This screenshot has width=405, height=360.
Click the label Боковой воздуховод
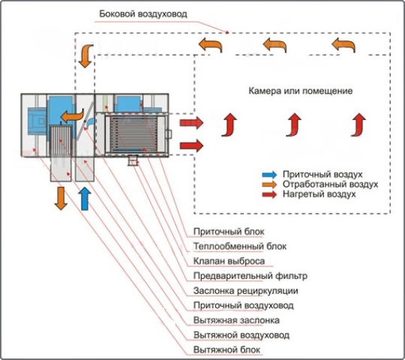[x=143, y=14]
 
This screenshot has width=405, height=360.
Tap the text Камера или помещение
[x=301, y=91]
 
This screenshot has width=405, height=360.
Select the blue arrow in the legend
[x=269, y=175]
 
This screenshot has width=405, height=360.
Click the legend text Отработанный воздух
[x=330, y=184]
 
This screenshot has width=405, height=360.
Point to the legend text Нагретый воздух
[x=319, y=194]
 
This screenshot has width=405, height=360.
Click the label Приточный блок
[x=229, y=232]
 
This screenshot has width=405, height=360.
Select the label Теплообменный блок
[x=240, y=246]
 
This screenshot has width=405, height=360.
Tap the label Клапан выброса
[x=229, y=261]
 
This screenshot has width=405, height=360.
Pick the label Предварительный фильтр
[x=250, y=276]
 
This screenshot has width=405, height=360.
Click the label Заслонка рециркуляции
[x=246, y=291]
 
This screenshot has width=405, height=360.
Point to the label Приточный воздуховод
[x=244, y=305]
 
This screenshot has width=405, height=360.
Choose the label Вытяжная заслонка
[x=236, y=320]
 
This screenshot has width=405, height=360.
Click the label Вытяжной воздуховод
[x=241, y=335]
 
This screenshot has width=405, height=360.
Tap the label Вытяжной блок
[x=226, y=350]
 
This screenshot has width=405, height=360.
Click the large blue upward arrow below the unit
[x=85, y=198]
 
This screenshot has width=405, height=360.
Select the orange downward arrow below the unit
[x=61, y=198]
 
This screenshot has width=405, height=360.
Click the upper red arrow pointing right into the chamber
[x=191, y=122]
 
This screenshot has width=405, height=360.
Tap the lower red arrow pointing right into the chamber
[x=191, y=145]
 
